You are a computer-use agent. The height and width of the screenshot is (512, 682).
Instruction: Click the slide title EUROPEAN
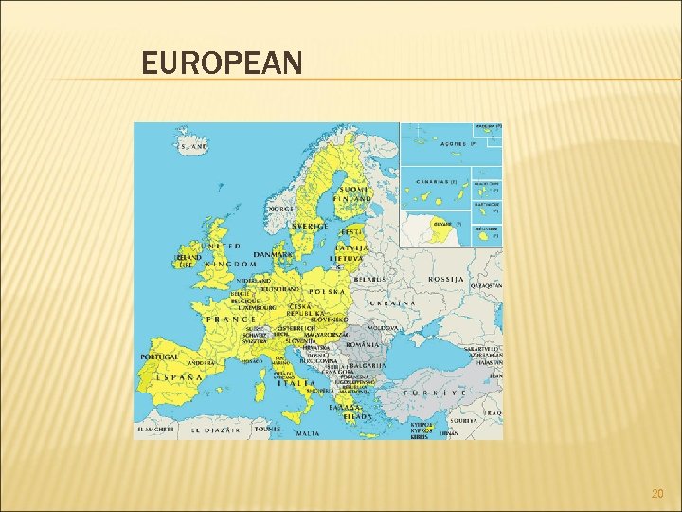pyautogui.click(x=222, y=64)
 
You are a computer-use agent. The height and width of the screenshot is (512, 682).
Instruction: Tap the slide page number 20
pyautogui.click(x=657, y=493)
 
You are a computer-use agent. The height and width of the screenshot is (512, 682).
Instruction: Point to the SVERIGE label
pyautogui.click(x=310, y=227)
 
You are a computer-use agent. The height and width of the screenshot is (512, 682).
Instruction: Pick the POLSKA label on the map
pyautogui.click(x=328, y=291)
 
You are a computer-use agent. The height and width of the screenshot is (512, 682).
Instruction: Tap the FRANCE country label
pyautogui.click(x=232, y=320)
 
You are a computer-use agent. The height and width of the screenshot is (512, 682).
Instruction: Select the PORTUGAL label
pyautogui.click(x=159, y=357)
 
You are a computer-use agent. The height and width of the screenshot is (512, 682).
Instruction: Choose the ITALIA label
pyautogui.click(x=296, y=383)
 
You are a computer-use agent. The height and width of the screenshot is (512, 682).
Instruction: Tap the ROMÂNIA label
pyautogui.click(x=362, y=344)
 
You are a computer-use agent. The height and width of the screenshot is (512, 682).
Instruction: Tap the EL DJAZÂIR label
pyautogui.click(x=216, y=430)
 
